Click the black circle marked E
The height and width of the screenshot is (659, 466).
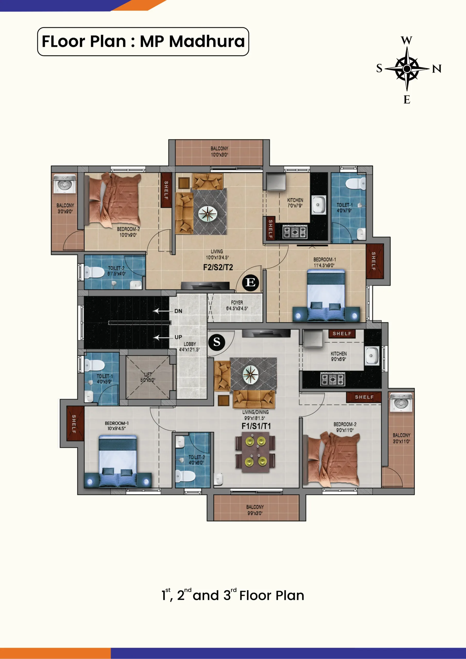251,283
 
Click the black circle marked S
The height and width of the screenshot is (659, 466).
217,342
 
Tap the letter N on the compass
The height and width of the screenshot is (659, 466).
437,69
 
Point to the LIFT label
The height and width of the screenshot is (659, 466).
148,374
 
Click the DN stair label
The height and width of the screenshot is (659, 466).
178,311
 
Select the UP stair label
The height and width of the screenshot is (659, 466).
178,337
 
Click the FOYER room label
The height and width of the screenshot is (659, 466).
237,302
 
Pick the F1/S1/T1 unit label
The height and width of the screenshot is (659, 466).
256,426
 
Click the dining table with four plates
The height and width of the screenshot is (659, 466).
255,452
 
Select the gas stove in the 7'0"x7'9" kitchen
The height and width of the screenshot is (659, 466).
295,232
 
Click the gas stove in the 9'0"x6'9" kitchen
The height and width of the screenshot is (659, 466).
333,379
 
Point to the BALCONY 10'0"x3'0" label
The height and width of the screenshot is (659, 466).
219,152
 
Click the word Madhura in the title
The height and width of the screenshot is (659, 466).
207,41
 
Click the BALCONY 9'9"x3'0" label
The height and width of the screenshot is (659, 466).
255,510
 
